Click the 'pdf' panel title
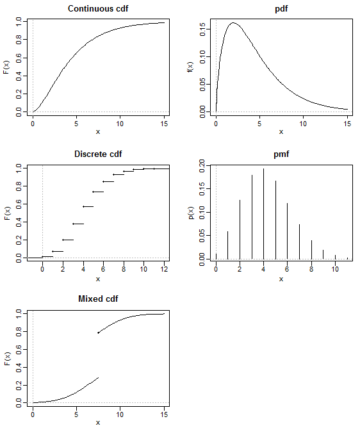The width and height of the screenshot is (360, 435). (x=281, y=8)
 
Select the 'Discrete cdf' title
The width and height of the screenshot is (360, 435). (x=98, y=154)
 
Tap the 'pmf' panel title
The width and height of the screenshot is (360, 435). (x=281, y=154)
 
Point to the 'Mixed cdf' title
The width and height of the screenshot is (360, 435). (x=98, y=299)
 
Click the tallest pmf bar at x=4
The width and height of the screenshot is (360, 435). (x=263, y=214)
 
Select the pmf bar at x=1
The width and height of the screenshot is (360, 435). (x=227, y=245)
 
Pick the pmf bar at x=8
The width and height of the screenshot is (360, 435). (x=311, y=250)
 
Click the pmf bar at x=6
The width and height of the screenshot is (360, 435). (x=287, y=231)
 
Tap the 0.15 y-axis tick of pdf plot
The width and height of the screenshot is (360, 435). (x=202, y=29)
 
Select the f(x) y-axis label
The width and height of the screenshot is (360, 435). (x=190, y=67)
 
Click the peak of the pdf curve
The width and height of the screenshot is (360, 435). (x=233, y=23)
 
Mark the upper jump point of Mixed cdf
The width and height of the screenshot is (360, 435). (x=98, y=332)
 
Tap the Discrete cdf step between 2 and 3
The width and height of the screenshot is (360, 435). (x=68, y=240)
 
